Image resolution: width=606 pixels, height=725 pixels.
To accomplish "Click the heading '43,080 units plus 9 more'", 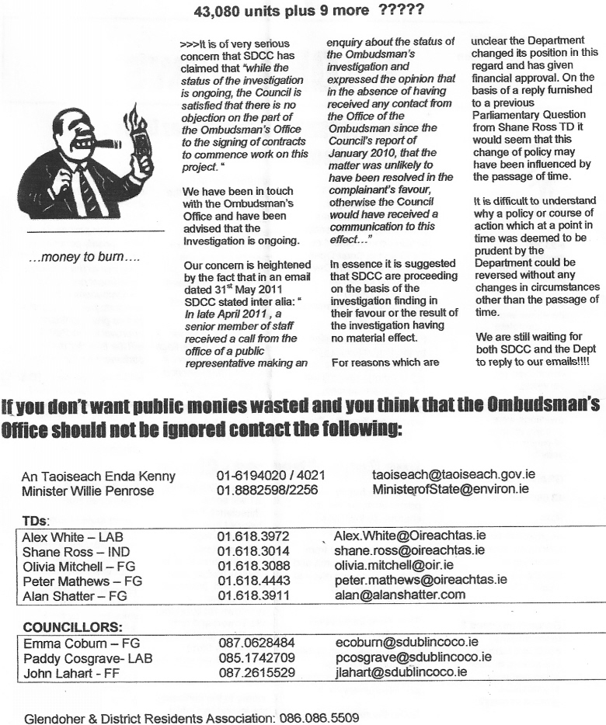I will point(308,12).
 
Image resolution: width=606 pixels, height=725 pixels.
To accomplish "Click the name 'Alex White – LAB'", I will point(72,537).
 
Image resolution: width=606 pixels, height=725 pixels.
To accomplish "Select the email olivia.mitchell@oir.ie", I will point(394,565).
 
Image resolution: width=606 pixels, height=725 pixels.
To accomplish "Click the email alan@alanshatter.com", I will point(399,595).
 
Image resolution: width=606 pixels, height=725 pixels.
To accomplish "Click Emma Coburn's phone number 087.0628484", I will point(256,643).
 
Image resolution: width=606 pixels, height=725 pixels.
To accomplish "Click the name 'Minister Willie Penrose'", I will point(88,491).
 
